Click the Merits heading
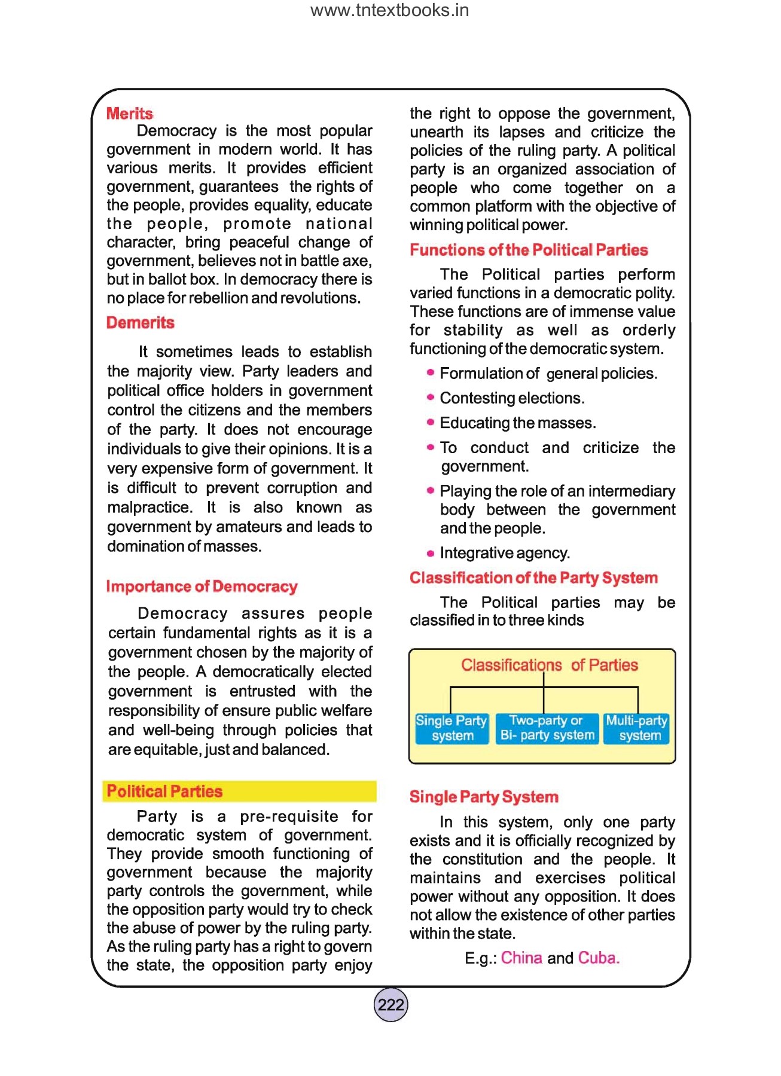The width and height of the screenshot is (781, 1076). (x=129, y=114)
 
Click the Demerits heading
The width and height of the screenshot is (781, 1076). (x=140, y=323)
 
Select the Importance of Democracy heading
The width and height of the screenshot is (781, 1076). (x=202, y=586)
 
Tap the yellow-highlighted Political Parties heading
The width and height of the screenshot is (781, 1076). (x=164, y=791)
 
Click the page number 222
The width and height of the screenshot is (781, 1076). (x=391, y=1005)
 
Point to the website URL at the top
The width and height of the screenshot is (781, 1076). (x=390, y=11)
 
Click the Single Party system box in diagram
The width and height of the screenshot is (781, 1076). (x=451, y=728)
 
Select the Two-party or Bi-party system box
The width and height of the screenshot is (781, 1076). (x=547, y=728)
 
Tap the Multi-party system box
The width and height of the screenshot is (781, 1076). (x=636, y=728)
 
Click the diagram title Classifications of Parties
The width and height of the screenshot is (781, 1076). (x=549, y=665)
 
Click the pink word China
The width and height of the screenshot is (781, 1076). (x=521, y=958)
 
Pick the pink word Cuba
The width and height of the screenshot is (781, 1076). (x=597, y=958)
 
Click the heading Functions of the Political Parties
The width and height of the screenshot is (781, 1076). (x=529, y=250)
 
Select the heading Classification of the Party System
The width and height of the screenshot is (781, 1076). (x=533, y=578)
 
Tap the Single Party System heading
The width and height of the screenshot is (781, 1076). (x=484, y=797)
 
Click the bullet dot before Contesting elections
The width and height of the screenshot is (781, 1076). (x=430, y=398)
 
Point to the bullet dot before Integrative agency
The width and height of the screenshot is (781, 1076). (x=430, y=554)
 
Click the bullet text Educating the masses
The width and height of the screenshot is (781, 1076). (x=517, y=423)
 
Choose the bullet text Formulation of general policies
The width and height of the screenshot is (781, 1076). (x=548, y=374)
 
